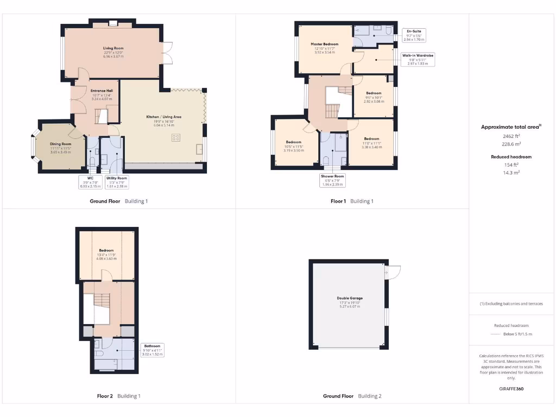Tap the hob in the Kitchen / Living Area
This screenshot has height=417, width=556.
pyautogui.click(x=175, y=138)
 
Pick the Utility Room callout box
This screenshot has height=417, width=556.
pyautogui.click(x=117, y=182)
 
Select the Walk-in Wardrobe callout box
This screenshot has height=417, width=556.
pyautogui.click(x=418, y=59)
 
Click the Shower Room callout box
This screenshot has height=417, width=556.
pyautogui.click(x=332, y=180)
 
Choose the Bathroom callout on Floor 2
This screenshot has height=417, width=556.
pyautogui.click(x=152, y=350)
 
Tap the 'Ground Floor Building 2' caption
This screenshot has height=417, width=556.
pyautogui.click(x=352, y=396)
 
